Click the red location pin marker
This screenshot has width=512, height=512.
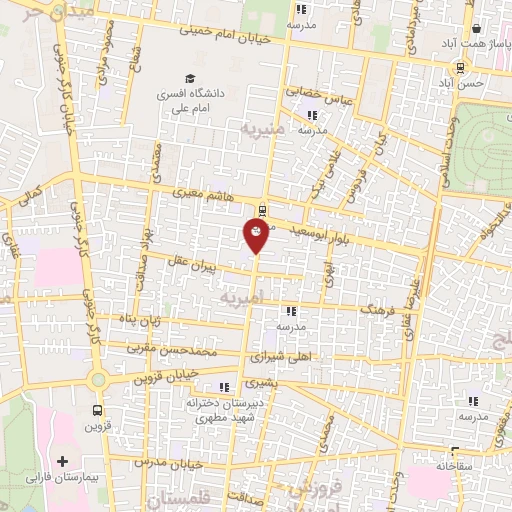[257, 235]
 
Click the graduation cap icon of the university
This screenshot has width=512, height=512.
[188, 79]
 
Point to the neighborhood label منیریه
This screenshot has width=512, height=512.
[264, 129]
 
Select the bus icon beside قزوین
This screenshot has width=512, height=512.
[97, 410]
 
